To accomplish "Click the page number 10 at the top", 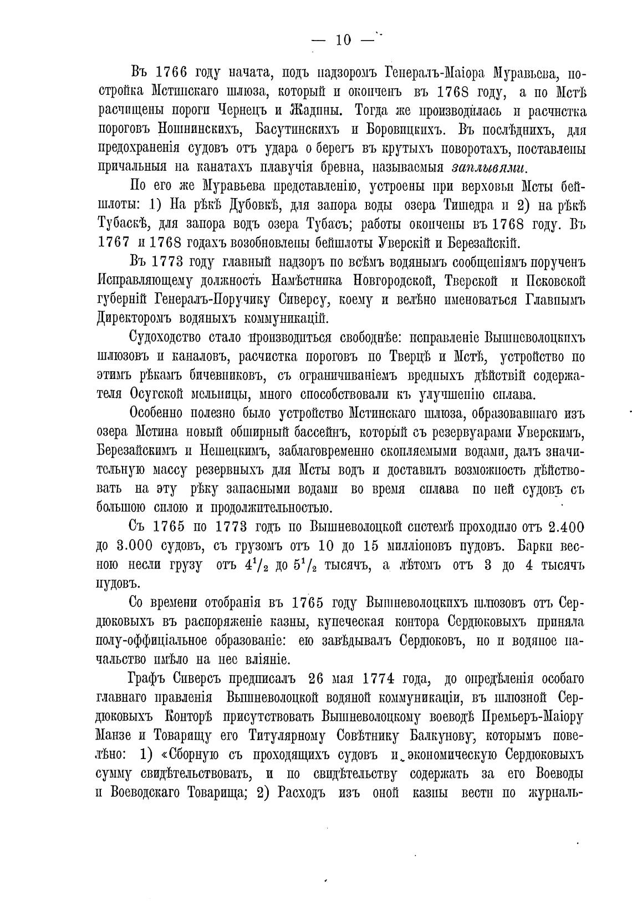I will (343, 40).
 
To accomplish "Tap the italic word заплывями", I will (490, 168).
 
